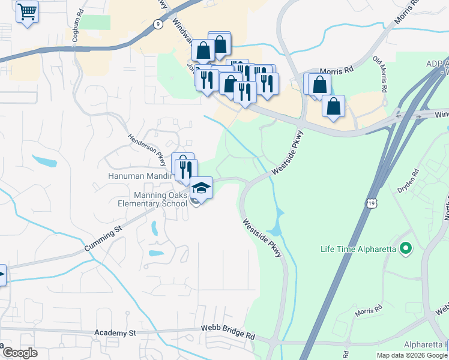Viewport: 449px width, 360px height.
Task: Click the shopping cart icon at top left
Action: point(27,12)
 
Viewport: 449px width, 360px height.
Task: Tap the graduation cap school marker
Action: point(202,189)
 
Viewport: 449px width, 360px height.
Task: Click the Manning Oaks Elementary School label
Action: point(152,199)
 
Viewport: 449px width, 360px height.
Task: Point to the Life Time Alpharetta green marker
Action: point(405,248)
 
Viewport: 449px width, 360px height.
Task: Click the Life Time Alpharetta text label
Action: point(358,249)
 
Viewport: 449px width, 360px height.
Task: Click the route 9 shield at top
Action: point(157,24)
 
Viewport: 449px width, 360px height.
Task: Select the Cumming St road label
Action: point(103,237)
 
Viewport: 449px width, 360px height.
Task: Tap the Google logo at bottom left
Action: point(20,353)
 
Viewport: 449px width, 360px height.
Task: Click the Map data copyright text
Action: point(411,355)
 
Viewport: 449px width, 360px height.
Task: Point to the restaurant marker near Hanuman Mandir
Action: point(186,169)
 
